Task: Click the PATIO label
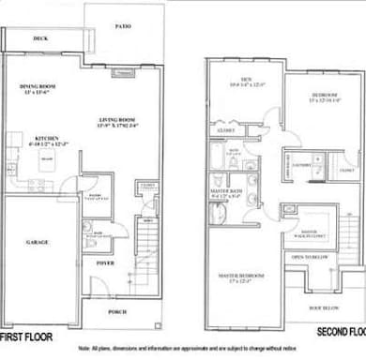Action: [122, 27]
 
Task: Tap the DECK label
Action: [40, 38]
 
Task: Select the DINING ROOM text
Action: [38, 89]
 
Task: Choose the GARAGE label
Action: [38, 242]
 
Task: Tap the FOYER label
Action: [104, 262]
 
